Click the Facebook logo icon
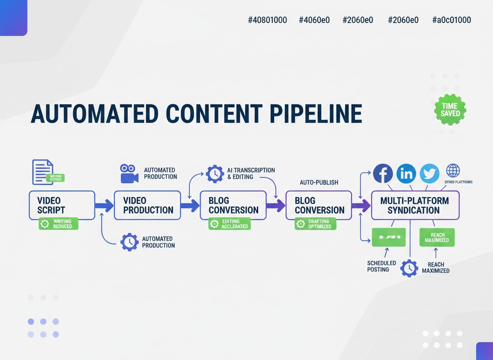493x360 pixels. tap(383, 173)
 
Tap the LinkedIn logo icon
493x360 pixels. tap(406, 173)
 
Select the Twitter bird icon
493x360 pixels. tap(429, 173)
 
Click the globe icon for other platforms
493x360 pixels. tap(453, 171)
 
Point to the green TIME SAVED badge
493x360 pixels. tap(450, 110)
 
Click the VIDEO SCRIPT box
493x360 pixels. tap(62, 205)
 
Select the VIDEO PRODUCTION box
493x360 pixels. tap(147, 205)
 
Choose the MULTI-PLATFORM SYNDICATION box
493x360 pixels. tap(415, 205)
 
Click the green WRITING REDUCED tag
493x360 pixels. tap(59, 224)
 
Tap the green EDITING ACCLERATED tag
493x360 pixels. tap(230, 224)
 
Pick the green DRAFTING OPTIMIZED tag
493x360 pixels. tap(315, 224)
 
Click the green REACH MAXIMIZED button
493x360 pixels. tap(437, 237)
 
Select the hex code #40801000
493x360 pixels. tap(267, 20)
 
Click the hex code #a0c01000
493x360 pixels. tap(452, 20)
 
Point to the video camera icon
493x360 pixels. tap(129, 173)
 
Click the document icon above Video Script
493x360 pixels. tap(43, 172)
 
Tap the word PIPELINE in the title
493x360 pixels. tap(316, 113)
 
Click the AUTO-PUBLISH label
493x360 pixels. tap(319, 182)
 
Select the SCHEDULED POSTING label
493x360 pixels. tap(381, 266)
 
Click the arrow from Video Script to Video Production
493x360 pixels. tap(104, 205)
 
